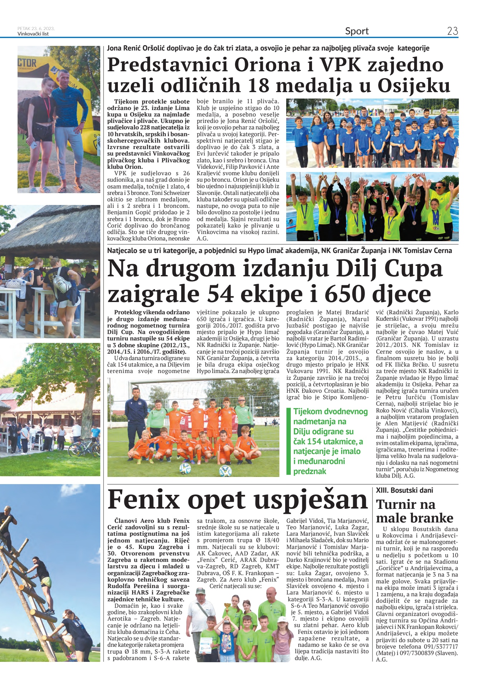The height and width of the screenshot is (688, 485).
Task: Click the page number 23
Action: point(452,31)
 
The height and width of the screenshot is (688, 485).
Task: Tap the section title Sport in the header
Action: point(357,31)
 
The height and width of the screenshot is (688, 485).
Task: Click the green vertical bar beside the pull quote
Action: point(288,441)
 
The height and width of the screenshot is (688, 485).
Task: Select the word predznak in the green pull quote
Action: point(310,471)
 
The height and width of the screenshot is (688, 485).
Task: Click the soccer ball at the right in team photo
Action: point(225,470)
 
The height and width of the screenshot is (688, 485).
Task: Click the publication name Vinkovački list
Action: point(33,34)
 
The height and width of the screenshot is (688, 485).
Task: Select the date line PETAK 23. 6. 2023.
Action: point(36,28)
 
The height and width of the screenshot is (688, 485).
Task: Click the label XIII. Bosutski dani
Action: point(404,490)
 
